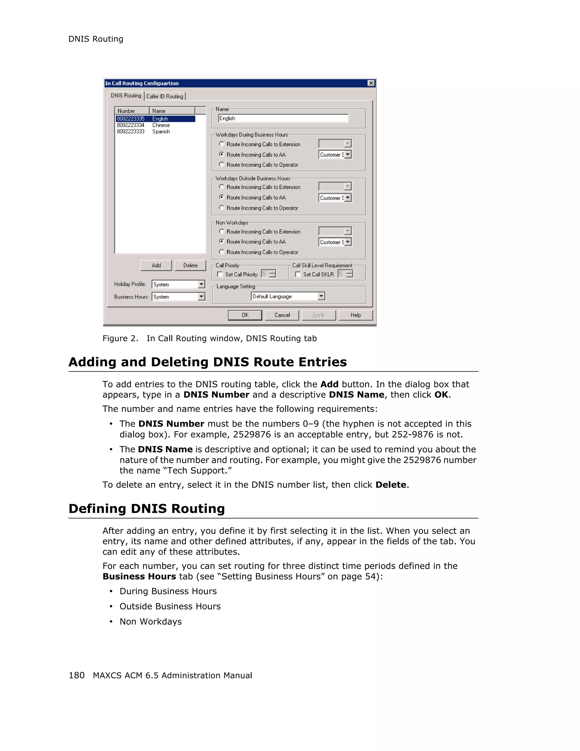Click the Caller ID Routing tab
165,96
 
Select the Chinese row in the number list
161,125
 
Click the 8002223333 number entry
131,131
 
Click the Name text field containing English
283,118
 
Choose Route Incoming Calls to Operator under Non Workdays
222,252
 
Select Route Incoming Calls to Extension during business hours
222,144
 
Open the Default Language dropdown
321,296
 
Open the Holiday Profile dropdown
201,284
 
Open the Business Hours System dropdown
201,296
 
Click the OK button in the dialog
245,315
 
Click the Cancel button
282,315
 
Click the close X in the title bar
371,83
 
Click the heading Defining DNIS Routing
147,509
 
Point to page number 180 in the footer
76,675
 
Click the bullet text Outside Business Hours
170,606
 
